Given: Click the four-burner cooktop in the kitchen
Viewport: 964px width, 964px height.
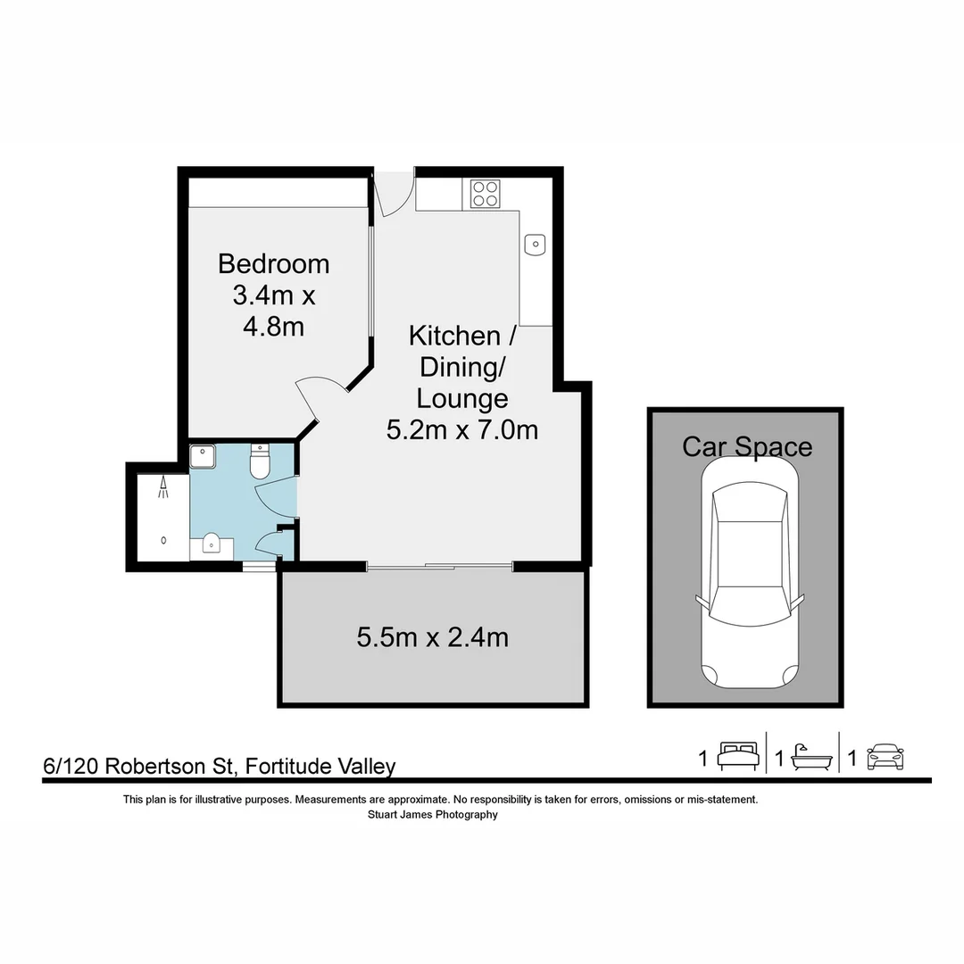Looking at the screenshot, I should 486,194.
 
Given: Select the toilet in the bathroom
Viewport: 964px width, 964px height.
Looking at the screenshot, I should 261,462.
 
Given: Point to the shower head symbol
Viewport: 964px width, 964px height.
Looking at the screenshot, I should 164,487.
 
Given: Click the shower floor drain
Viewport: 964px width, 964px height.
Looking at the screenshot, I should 163,539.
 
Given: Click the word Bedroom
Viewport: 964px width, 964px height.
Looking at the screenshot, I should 273,264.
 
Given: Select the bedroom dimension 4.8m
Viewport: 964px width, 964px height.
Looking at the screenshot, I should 273,327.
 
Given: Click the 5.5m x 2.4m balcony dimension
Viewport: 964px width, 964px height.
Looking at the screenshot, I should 433,637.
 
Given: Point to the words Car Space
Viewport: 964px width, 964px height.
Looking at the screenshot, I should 747,446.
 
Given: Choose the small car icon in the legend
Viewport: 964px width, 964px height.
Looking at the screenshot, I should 885,758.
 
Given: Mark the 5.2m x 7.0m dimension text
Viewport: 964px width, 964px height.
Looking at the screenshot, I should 461,430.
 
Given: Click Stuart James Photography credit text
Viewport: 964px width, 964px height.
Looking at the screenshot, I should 433,814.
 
